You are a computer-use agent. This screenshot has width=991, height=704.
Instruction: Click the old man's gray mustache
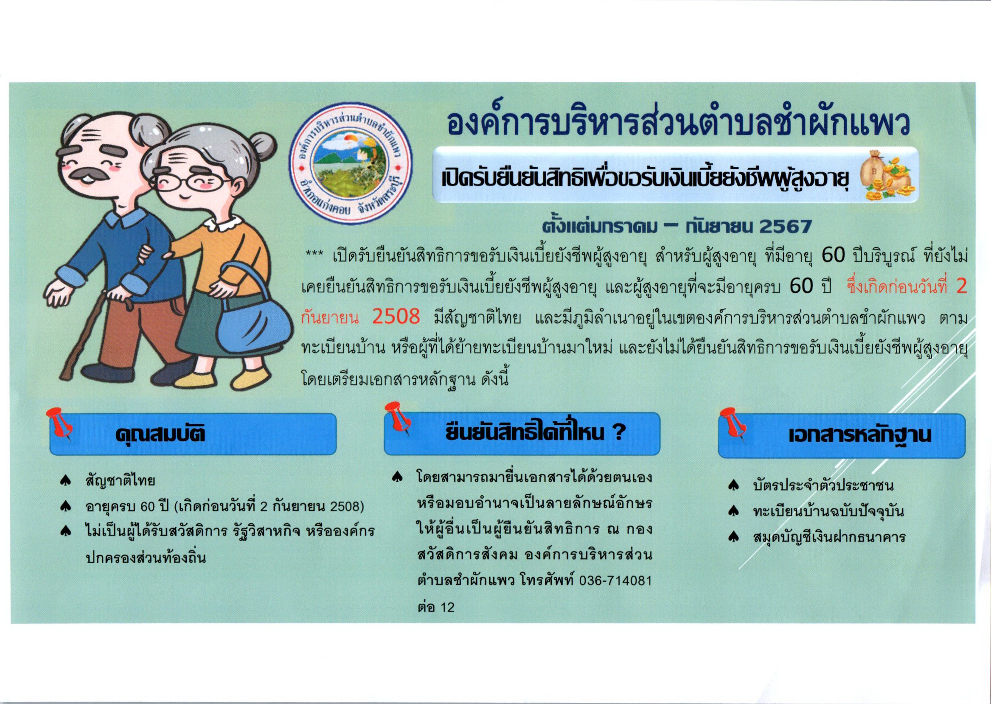88,175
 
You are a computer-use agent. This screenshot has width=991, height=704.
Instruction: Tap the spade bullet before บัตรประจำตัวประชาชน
733,485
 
